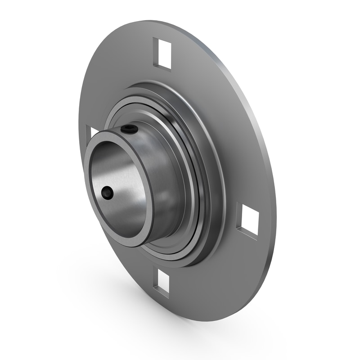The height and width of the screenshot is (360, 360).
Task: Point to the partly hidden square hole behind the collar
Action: (94, 132)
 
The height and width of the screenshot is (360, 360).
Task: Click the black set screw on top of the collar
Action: (129, 129)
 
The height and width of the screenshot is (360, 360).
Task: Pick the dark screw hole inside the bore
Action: (107, 193)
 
